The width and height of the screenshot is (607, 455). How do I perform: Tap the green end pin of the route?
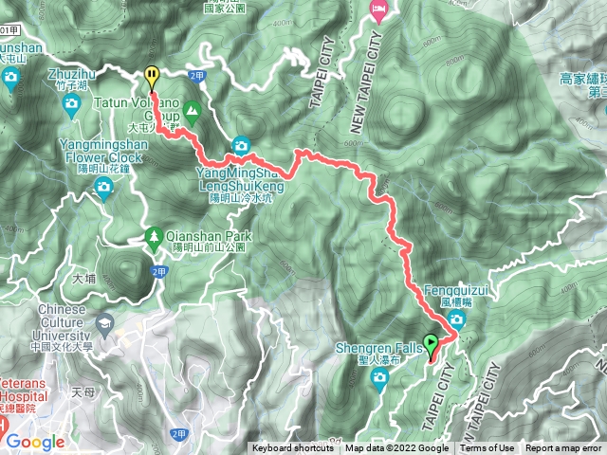[432, 344]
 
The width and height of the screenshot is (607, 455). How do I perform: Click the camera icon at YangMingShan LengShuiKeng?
[241, 146]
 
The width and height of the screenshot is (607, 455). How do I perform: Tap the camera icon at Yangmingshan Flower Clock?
[102, 190]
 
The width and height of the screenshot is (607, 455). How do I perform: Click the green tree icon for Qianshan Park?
[153, 237]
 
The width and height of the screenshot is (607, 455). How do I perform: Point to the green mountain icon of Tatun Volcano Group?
[193, 111]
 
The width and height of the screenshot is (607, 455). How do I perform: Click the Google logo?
[35, 442]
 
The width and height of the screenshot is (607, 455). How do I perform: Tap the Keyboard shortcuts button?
[293, 448]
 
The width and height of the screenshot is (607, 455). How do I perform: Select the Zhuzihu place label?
[72, 72]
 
